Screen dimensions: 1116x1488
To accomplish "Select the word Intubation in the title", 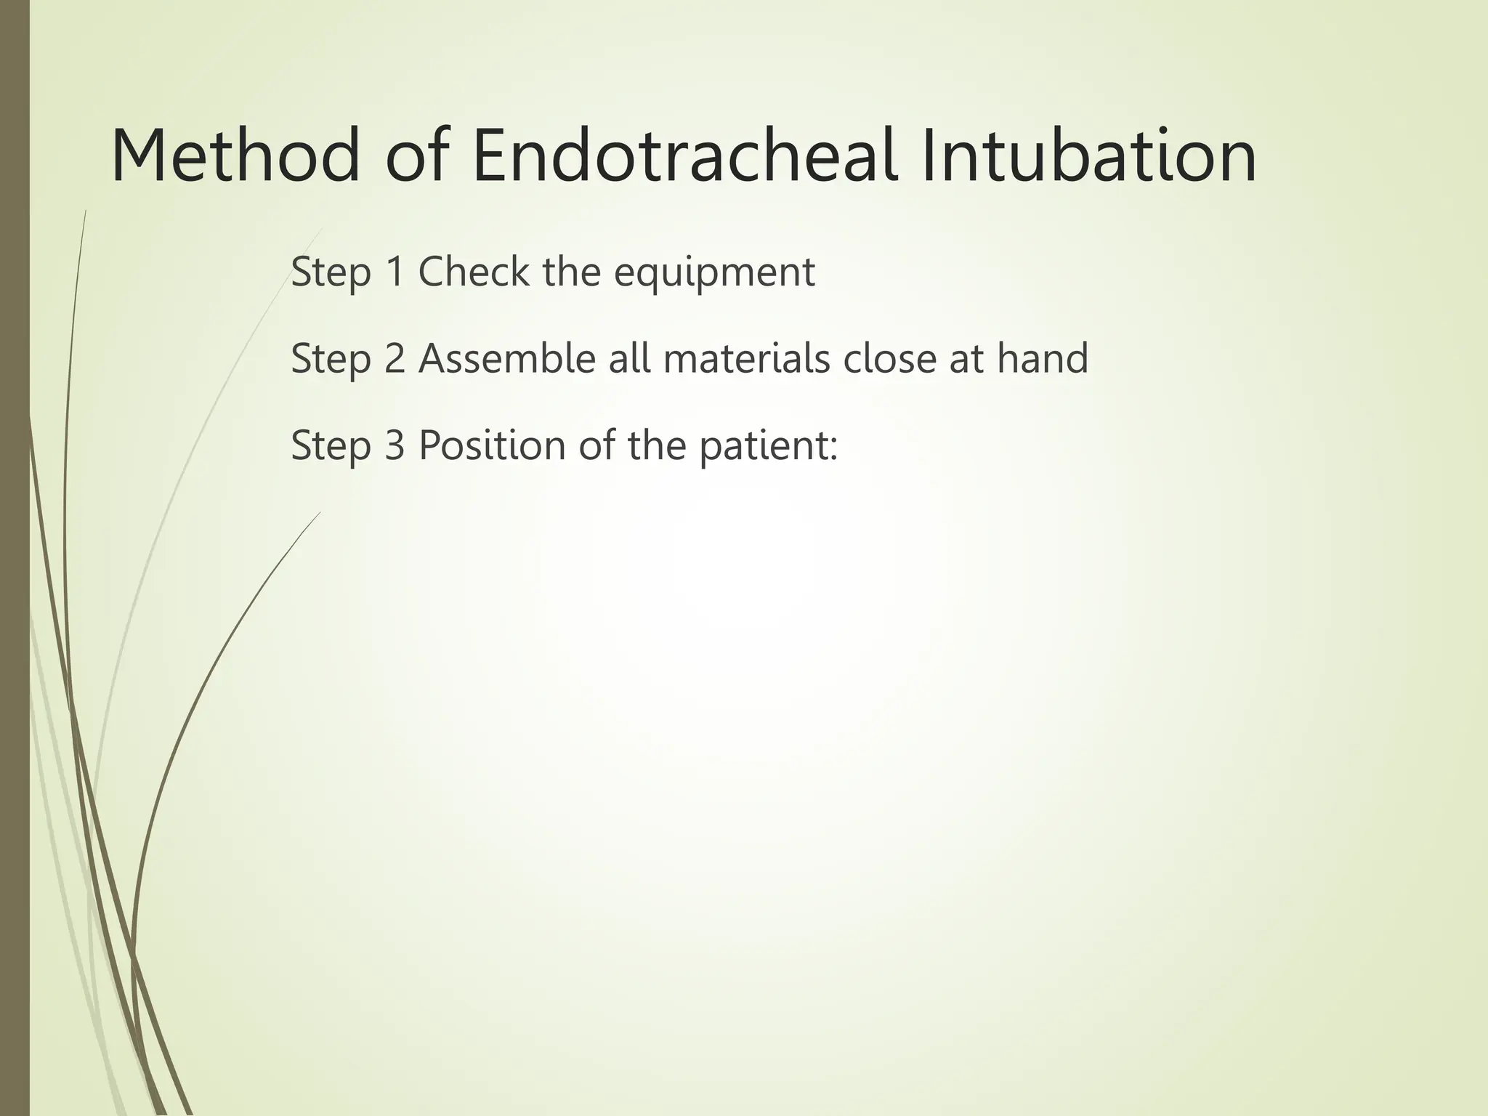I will [x=1089, y=156].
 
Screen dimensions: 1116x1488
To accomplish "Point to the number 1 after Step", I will [x=395, y=272].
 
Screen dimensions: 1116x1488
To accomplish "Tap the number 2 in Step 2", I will [x=395, y=358].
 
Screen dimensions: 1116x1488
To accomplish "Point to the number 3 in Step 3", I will [x=395, y=445].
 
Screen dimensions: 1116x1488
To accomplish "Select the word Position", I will [x=492, y=445].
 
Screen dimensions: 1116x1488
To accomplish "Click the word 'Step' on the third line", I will [x=331, y=446].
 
